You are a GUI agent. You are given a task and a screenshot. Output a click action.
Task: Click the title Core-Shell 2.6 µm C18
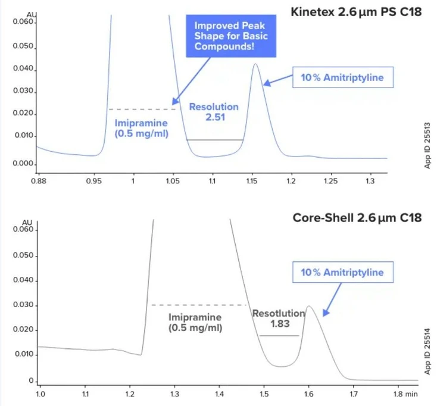click(x=357, y=218)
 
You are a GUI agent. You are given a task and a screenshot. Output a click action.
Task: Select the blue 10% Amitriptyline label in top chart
click(x=338, y=77)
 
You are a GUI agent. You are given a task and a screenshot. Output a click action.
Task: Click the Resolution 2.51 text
click(x=214, y=112)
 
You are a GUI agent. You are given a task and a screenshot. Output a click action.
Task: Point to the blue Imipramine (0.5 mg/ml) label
click(x=141, y=128)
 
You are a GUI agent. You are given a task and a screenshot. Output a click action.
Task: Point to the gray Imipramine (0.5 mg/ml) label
click(x=195, y=323)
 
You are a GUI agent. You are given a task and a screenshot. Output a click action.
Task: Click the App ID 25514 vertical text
click(x=427, y=349)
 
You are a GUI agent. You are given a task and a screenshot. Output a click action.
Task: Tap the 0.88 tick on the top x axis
click(x=39, y=179)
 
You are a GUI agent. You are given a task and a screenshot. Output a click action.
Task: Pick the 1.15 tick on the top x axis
click(x=251, y=179)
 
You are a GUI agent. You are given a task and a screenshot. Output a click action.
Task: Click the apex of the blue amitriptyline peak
click(x=255, y=64)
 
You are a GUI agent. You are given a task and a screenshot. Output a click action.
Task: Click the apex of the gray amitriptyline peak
click(x=309, y=307)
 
